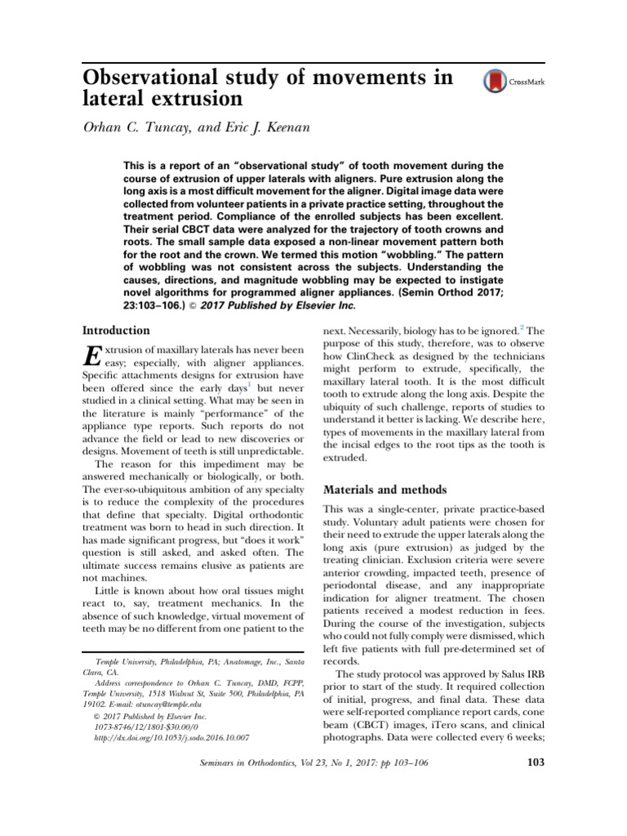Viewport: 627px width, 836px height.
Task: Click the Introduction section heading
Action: point(117,331)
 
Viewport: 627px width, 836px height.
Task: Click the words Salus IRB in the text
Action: point(514,674)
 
